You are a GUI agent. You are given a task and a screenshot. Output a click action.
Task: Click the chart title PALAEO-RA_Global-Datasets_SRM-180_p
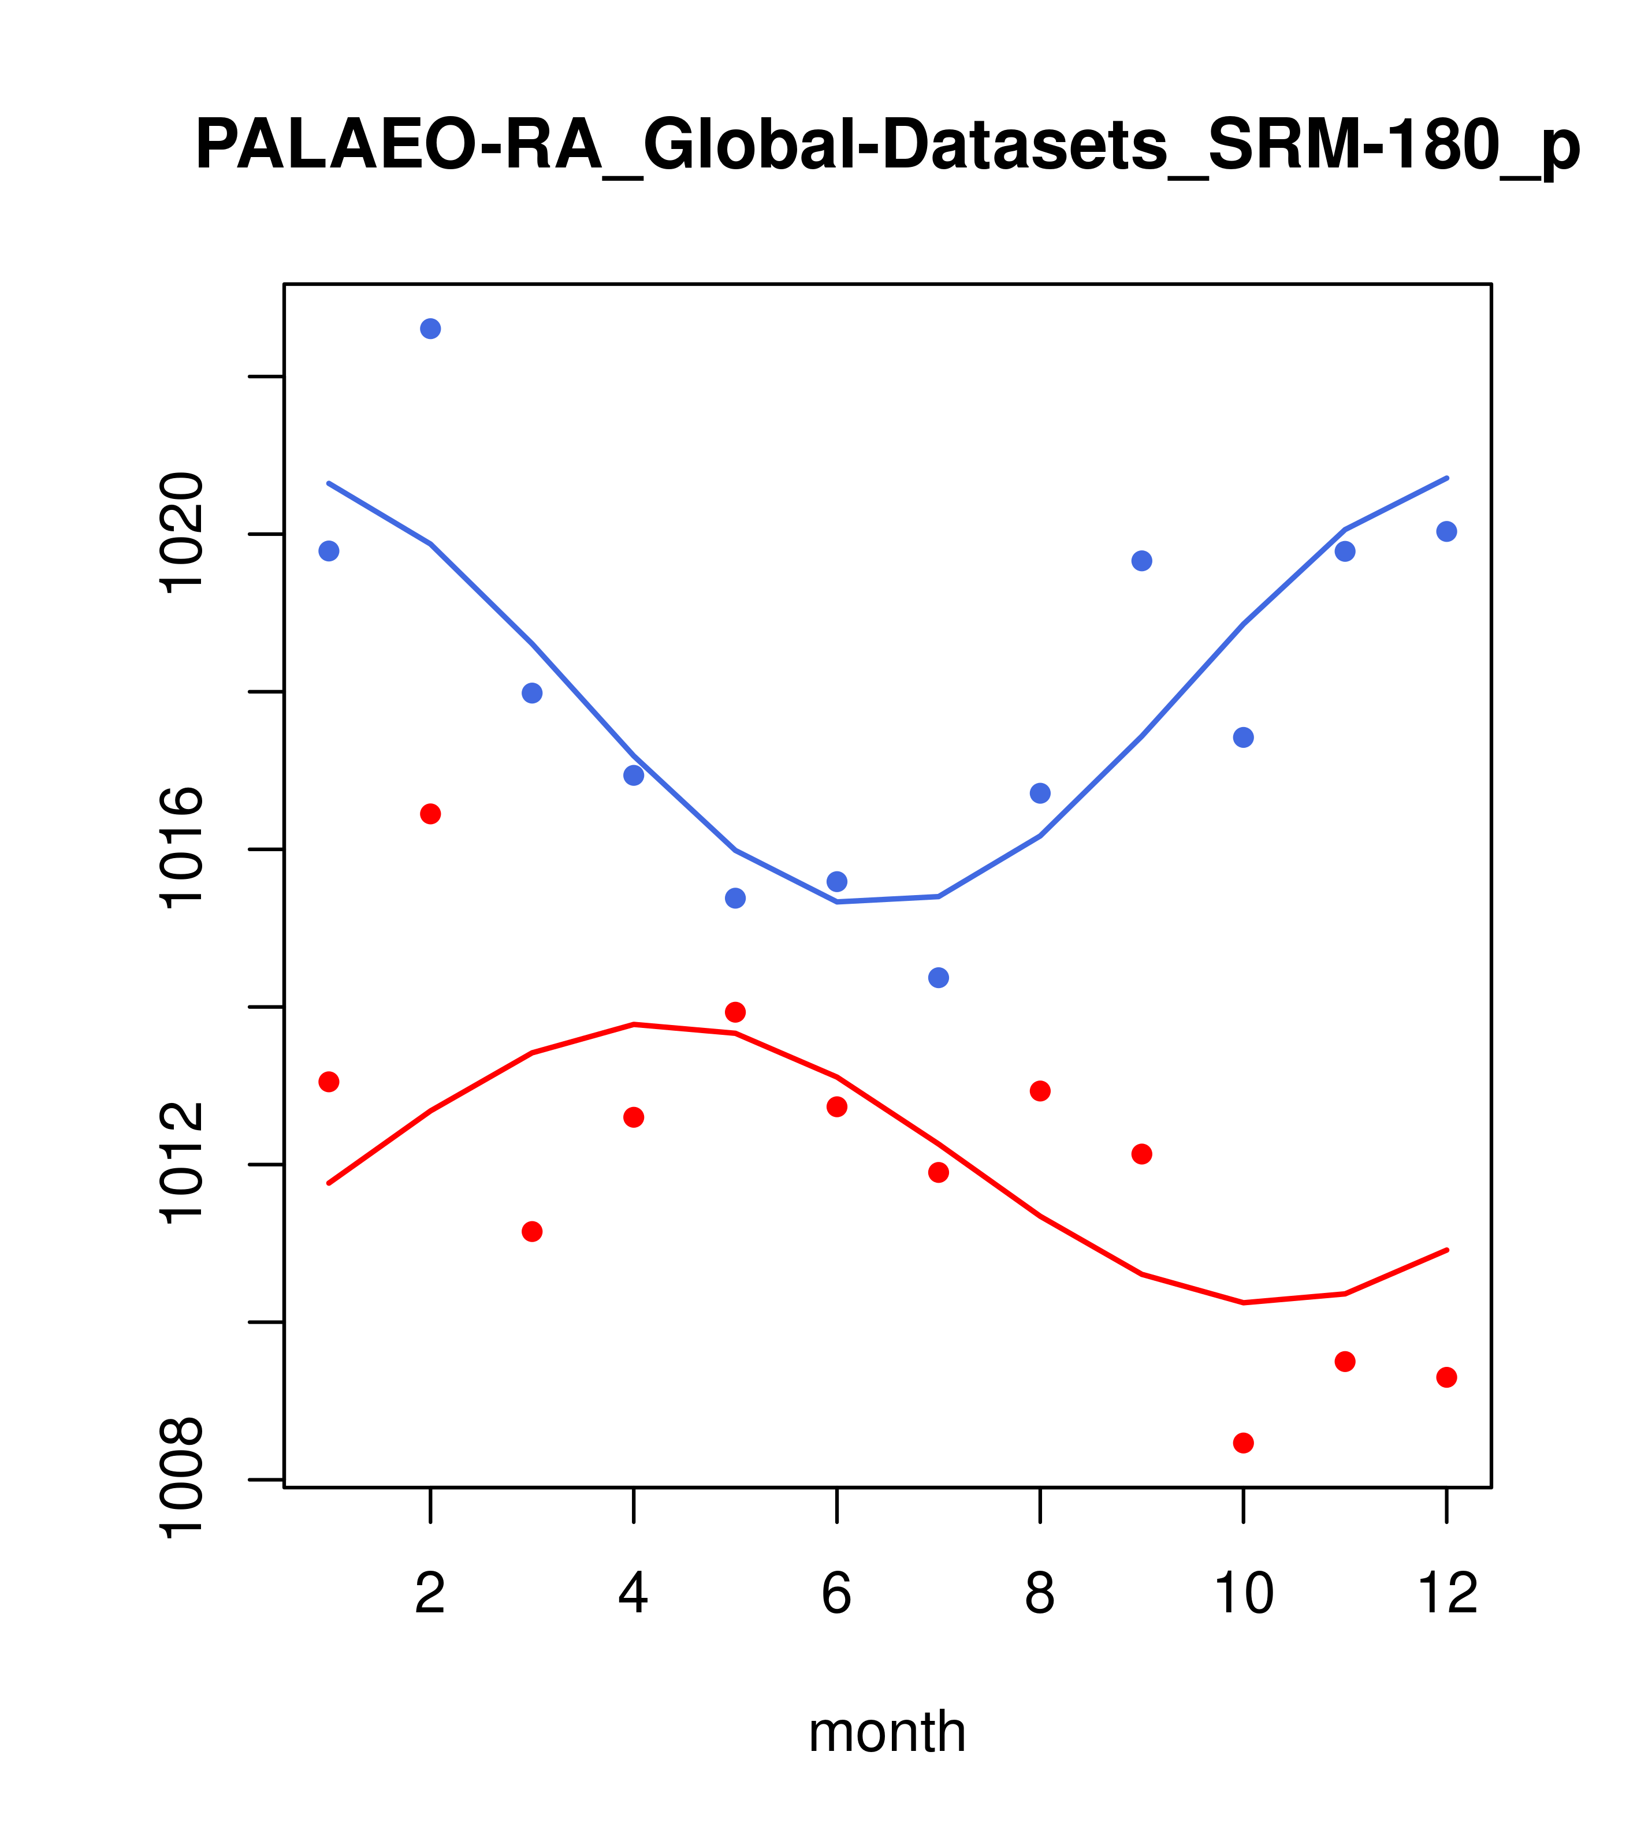[x=887, y=146]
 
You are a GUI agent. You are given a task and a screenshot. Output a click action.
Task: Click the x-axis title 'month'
[x=887, y=1731]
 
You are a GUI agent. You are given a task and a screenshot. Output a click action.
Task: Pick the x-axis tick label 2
[x=431, y=1593]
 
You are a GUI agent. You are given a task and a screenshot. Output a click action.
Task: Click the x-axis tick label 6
[x=837, y=1593]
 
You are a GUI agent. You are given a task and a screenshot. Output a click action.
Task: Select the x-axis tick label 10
[x=1243, y=1593]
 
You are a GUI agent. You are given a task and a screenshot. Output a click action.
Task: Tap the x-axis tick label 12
[x=1447, y=1593]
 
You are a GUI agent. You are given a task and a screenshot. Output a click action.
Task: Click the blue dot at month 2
[x=431, y=329]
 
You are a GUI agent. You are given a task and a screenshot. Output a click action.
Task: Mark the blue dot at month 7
[x=939, y=977]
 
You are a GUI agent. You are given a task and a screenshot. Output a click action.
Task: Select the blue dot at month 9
[x=1141, y=561]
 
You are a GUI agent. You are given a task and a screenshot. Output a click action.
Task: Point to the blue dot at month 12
[x=1447, y=531]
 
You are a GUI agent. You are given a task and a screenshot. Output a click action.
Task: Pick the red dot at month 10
[x=1243, y=1443]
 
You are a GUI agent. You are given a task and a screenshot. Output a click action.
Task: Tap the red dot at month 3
[x=533, y=1231]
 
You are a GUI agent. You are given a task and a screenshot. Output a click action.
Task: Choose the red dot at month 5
[x=735, y=1012]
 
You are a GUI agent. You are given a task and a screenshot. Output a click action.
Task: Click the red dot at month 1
[x=329, y=1082]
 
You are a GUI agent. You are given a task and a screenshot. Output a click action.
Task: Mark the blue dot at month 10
[x=1243, y=737]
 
